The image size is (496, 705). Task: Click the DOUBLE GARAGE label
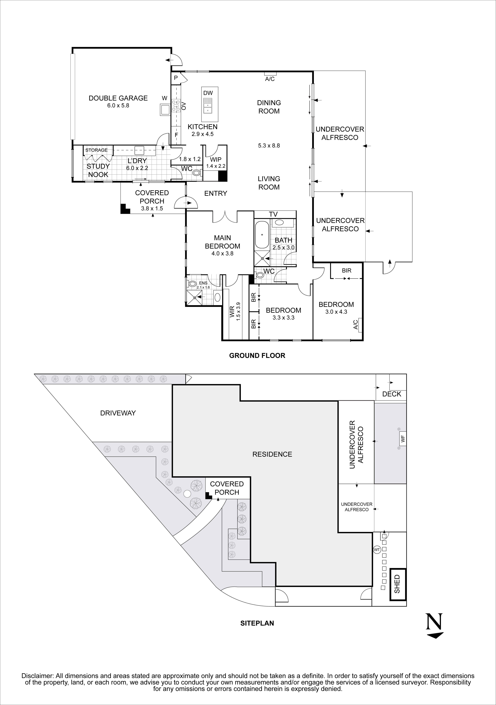pyautogui.click(x=118, y=98)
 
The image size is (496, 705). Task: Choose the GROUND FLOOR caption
pyautogui.click(x=257, y=356)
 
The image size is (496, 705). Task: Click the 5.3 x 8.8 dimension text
pyautogui.click(x=269, y=146)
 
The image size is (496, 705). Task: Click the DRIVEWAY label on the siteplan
pyautogui.click(x=118, y=413)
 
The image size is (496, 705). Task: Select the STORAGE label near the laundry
pyautogui.click(x=96, y=150)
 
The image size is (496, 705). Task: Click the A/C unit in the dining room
pyautogui.click(x=270, y=74)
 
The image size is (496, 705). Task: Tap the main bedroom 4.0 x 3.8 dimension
pyautogui.click(x=223, y=254)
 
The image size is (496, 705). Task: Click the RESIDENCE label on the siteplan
pyautogui.click(x=272, y=454)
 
